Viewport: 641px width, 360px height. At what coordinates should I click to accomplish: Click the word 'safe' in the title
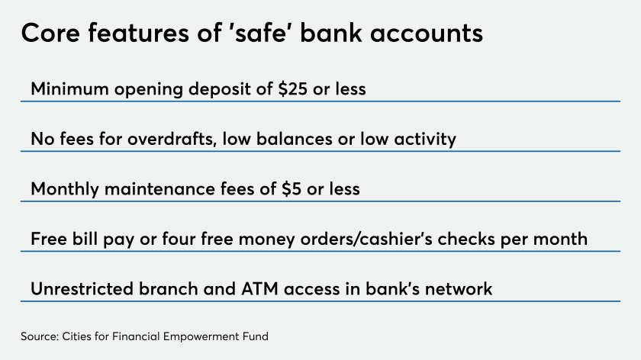tap(259, 33)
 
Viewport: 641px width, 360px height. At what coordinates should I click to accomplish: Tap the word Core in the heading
tap(50, 33)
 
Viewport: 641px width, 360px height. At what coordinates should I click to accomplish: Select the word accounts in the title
tap(427, 34)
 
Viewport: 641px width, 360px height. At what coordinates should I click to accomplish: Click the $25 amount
tap(293, 89)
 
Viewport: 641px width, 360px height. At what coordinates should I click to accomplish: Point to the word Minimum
tap(70, 88)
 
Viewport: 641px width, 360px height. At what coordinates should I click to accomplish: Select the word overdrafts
tap(172, 139)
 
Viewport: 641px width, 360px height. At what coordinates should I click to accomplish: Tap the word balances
tap(294, 139)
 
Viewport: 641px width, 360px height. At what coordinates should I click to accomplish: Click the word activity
tap(425, 140)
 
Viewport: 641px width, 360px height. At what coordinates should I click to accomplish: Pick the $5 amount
tap(292, 189)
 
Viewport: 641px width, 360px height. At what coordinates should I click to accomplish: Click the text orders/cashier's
tap(366, 239)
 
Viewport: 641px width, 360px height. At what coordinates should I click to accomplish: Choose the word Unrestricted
tap(82, 289)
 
